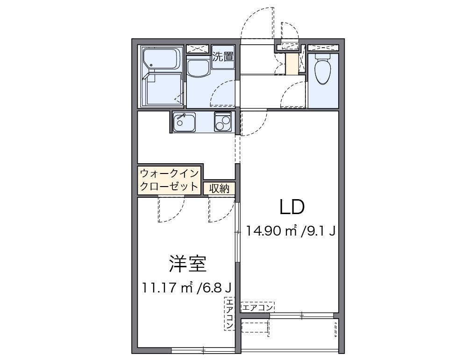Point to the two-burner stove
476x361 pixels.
coord(223,122)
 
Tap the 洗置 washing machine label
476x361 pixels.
coord(223,57)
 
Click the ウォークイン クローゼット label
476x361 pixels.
coord(170,180)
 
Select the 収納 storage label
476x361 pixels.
coord(219,188)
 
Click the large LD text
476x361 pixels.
coord(292,207)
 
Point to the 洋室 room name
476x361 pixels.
coord(187,264)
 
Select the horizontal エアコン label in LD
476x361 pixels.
coord(257,307)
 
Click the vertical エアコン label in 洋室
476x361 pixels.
coord(230,314)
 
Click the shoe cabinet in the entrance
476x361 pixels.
coord(291,64)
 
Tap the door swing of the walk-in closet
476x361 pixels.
coord(171,209)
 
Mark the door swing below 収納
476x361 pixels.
coord(221,209)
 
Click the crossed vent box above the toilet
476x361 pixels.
coord(322,47)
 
